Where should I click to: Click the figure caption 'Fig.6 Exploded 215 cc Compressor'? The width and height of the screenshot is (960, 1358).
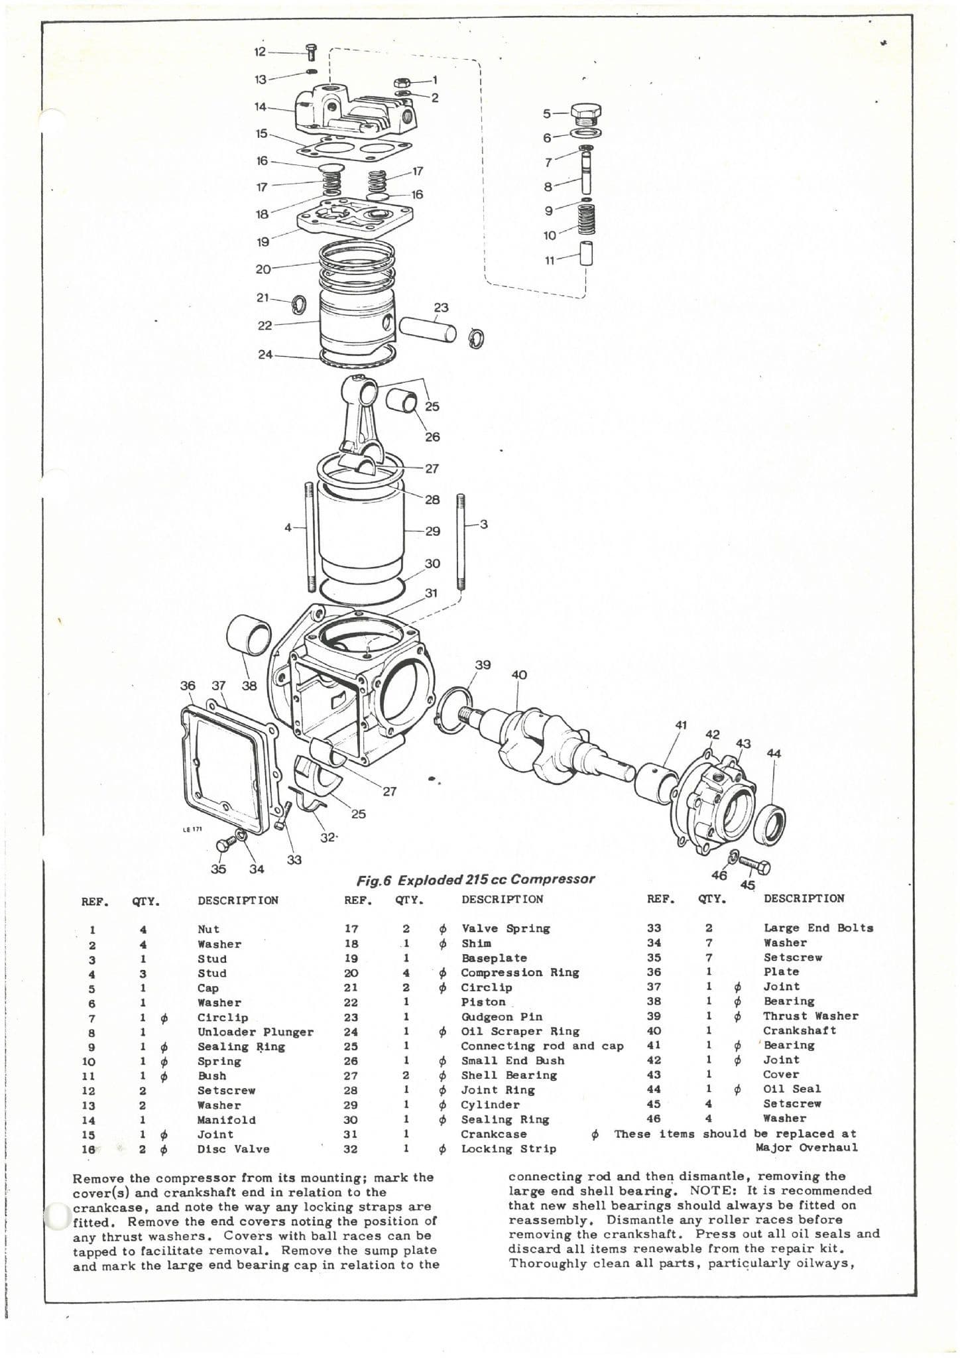tap(475, 880)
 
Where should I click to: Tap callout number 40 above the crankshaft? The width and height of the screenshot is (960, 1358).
tap(519, 675)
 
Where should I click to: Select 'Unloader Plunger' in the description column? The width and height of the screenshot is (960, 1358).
tap(255, 1032)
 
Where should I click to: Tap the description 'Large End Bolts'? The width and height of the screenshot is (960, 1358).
tap(818, 928)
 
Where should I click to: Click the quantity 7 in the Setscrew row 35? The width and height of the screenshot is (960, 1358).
tap(709, 957)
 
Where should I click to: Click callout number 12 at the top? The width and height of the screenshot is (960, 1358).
tap(260, 52)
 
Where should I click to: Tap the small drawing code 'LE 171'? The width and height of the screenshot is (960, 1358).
tap(192, 829)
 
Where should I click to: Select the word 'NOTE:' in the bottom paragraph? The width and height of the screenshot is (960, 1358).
tap(715, 1190)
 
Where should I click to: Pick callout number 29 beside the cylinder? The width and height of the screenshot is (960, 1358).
tap(432, 531)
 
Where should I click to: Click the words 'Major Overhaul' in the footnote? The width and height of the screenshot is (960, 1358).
tap(806, 1148)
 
